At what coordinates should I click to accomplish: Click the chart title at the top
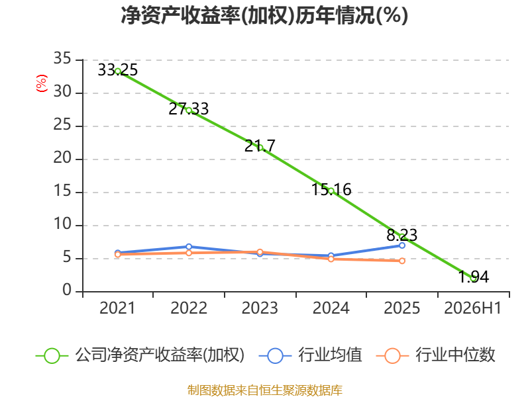[264, 15]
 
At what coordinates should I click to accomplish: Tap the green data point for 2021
[118, 71]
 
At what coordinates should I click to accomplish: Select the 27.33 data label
[189, 109]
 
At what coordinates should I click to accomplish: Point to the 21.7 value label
[260, 146]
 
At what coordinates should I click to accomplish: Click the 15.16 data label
[331, 189]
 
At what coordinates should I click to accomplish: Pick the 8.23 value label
[402, 235]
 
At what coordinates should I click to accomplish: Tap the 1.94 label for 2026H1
[473, 277]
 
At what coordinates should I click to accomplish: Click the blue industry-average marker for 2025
[402, 245]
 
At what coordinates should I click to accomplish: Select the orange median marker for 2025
[402, 261]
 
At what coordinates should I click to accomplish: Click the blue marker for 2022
[189, 247]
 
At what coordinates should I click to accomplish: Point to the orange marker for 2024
[331, 259]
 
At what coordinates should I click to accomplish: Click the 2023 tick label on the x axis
[260, 308]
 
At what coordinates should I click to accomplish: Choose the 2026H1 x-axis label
[473, 308]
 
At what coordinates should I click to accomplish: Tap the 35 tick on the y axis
[62, 58]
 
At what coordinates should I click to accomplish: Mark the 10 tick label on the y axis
[62, 224]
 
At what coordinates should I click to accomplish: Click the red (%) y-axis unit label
[42, 83]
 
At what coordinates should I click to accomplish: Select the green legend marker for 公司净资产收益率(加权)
[52, 356]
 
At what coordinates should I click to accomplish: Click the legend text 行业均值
[330, 355]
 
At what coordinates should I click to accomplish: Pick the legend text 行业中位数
[455, 355]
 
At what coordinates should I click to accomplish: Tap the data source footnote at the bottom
[264, 390]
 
